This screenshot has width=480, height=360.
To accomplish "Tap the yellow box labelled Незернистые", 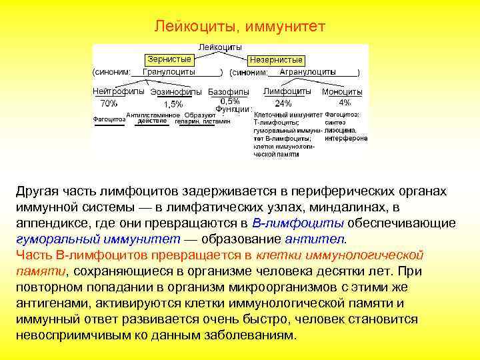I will (276, 59).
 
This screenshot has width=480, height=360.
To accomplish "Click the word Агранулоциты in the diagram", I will (301, 71).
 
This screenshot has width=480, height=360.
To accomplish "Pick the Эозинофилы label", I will (176, 91).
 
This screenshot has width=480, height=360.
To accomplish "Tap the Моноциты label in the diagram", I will (342, 91).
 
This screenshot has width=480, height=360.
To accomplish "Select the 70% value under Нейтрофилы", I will (109, 103).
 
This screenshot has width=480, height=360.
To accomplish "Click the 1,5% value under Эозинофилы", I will (173, 104).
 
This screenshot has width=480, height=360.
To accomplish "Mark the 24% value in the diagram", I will (283, 103).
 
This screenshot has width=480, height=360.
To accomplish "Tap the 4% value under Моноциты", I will (345, 103).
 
